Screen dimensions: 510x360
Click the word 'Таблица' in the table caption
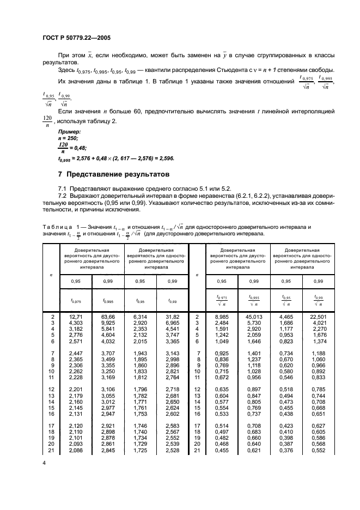pyautogui.click(x=56, y=226)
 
